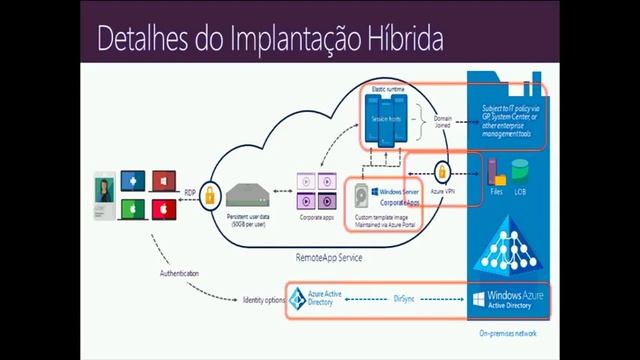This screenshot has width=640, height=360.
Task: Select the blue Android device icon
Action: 129,180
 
